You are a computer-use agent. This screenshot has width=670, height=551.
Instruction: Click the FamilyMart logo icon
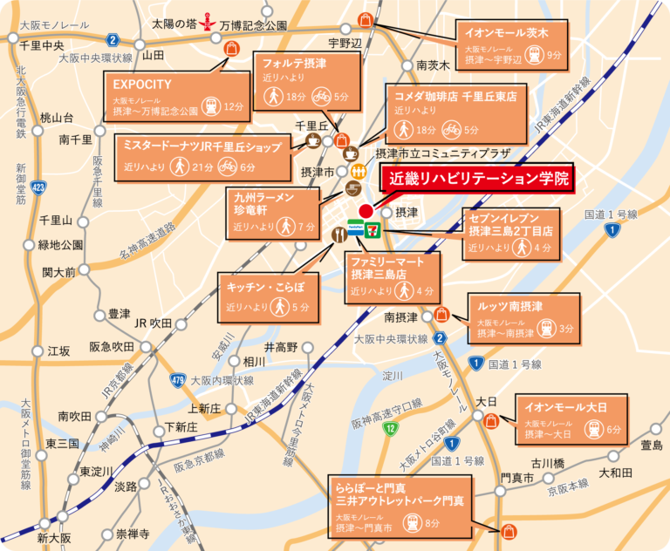pos(356,228)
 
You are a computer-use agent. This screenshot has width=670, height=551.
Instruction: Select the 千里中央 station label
pos(41,44)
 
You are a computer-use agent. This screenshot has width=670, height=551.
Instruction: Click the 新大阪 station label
pos(53,538)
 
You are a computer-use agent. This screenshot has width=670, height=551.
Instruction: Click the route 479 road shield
pos(178,380)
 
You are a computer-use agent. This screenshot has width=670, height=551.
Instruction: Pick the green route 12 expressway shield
pos(393,429)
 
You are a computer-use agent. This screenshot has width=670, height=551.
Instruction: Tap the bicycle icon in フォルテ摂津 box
pos(320,97)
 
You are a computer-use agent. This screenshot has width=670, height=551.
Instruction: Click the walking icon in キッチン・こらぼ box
pos(279,308)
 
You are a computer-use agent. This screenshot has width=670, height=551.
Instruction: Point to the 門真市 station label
pos(516,479)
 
